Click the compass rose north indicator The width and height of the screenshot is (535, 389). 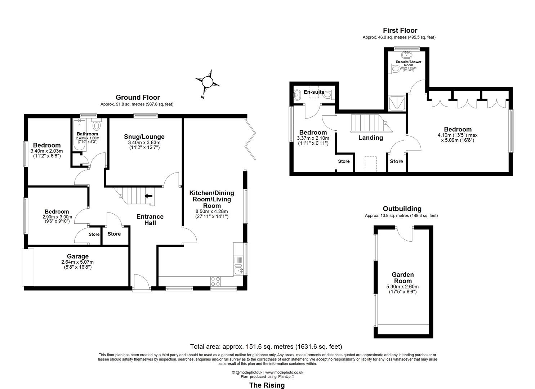pyautogui.click(x=207, y=82)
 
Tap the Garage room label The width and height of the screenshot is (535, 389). pyautogui.click(x=77, y=256)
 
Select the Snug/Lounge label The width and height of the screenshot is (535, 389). pyautogui.click(x=144, y=137)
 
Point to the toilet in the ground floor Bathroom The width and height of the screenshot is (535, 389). pyautogui.click(x=97, y=125)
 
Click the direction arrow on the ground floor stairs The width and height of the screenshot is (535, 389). pyautogui.click(x=148, y=196)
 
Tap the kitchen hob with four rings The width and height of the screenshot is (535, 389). pyautogui.click(x=215, y=281)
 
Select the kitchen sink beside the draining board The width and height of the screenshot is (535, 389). pyautogui.click(x=238, y=269)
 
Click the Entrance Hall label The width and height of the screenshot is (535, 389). pyautogui.click(x=150, y=220)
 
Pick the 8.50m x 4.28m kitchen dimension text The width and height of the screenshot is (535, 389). pyautogui.click(x=211, y=211)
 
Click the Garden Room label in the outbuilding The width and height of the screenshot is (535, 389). pyautogui.click(x=402, y=278)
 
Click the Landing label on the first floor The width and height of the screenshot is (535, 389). pyautogui.click(x=370, y=138)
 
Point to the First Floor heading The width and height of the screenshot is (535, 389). pyautogui.click(x=400, y=31)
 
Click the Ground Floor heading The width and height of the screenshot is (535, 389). pyautogui.click(x=138, y=97)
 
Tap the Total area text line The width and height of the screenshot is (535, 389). pyautogui.click(x=266, y=346)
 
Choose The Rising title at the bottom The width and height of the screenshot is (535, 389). pyautogui.click(x=267, y=385)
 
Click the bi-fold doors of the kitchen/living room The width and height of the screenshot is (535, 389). pyautogui.click(x=251, y=139)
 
